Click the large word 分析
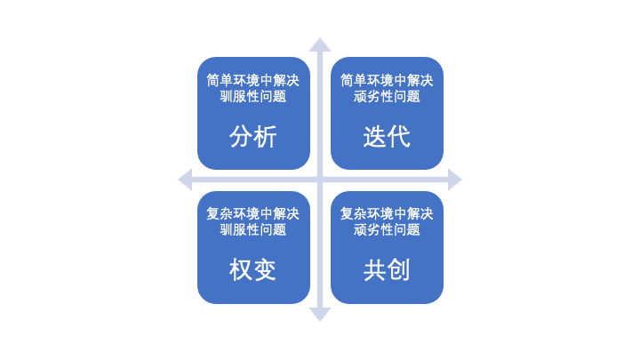pos(253,137)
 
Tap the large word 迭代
pos(387,137)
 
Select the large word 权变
pos(253,270)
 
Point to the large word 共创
pos(387,270)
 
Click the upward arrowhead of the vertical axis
pos(320,44)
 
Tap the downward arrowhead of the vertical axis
pos(320,314)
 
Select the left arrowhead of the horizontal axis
pos(185,180)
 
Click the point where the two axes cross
pos(320,180)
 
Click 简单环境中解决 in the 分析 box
pos(253,80)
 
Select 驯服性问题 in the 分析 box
pos(253,96)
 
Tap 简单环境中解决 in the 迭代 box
pos(387,80)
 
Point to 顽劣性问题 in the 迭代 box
pos(387,96)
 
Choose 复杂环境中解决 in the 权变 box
pos(253,213)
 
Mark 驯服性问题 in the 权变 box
pos(253,229)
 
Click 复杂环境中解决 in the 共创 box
pos(387,213)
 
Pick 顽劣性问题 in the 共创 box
pos(387,229)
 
